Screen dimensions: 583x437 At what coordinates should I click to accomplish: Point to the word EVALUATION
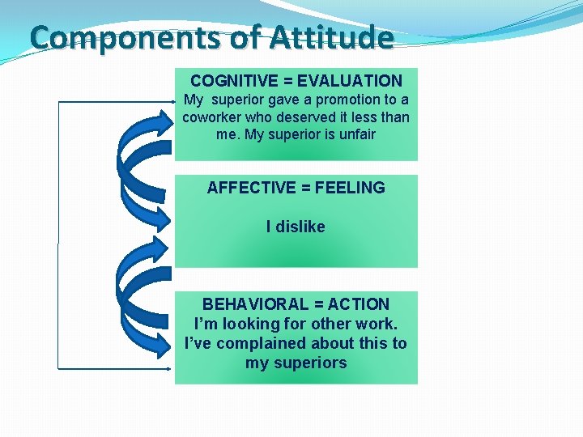(350, 81)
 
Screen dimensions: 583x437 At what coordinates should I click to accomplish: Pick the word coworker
(212, 117)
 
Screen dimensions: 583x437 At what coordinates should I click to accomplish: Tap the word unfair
(355, 134)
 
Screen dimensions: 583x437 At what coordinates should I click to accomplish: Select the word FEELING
(350, 188)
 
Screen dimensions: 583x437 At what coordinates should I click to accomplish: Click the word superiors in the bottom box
(309, 363)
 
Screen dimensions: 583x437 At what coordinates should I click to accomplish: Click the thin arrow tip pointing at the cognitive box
(173, 101)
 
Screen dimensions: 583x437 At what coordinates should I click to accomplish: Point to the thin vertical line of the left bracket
(59, 235)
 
